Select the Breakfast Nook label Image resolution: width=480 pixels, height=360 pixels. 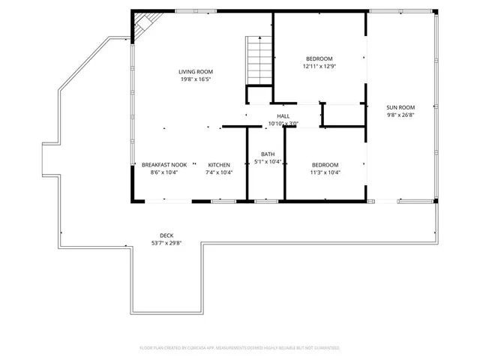pos(164,165)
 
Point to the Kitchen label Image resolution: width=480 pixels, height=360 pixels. pos(219,165)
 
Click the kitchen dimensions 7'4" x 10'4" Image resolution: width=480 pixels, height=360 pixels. pos(219,172)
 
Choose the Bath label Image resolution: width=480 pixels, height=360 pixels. pos(268,154)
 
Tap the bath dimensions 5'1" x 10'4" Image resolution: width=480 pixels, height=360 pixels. pos(268,161)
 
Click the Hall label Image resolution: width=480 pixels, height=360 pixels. pos(283,116)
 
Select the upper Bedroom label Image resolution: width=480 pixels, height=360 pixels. pos(319,58)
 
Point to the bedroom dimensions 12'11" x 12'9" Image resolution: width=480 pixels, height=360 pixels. pos(319,66)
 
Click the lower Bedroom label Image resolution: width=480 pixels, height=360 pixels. pos(325,165)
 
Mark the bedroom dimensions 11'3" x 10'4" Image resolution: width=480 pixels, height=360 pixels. pos(325,172)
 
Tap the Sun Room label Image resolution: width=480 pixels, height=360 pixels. pos(400,107)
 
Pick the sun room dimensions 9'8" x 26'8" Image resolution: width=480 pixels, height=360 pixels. pos(400,115)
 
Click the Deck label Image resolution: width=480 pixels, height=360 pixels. pos(166,235)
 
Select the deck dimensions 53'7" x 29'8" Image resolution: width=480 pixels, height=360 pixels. pos(166,243)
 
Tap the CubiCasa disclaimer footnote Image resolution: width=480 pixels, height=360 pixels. pos(240,348)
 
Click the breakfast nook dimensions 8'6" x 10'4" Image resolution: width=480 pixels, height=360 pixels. pos(164,172)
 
